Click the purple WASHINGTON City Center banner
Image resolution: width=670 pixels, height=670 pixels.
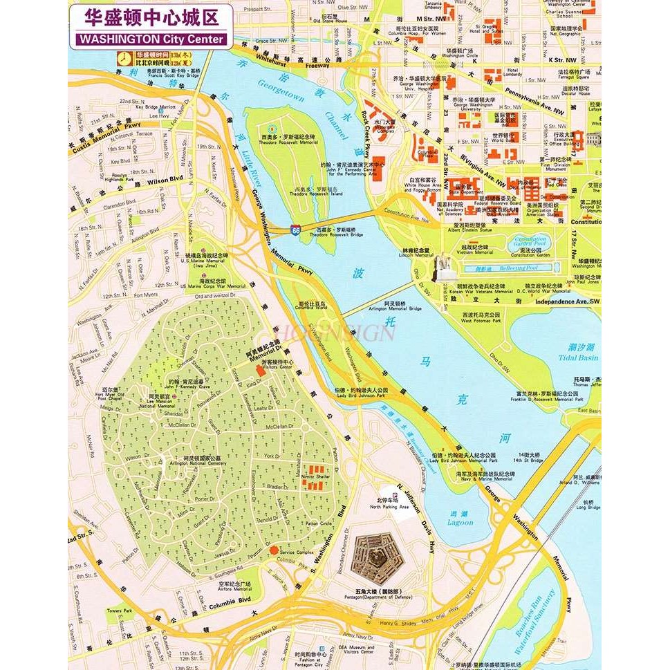(x=151, y=39)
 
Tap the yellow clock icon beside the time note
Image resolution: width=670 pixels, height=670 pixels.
(x=124, y=58)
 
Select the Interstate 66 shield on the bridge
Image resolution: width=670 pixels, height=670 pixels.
(x=296, y=228)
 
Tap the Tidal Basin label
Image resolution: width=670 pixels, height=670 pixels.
(x=579, y=357)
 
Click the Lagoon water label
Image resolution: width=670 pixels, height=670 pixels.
(x=461, y=522)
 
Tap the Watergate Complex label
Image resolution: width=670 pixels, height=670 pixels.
(x=386, y=129)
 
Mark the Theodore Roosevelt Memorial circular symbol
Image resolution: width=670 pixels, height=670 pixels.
(x=272, y=129)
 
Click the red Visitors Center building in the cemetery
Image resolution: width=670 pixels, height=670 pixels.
(x=261, y=371)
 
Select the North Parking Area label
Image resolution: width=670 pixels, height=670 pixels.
(x=389, y=507)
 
